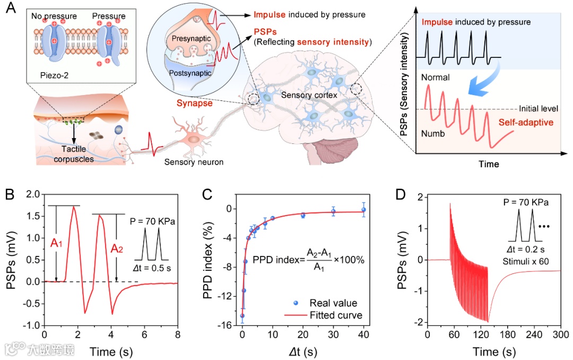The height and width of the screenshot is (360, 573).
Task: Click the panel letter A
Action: tap(10, 9)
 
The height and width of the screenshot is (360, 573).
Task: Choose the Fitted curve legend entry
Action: tap(335, 315)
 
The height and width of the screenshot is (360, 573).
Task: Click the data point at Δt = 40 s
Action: tap(363, 210)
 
